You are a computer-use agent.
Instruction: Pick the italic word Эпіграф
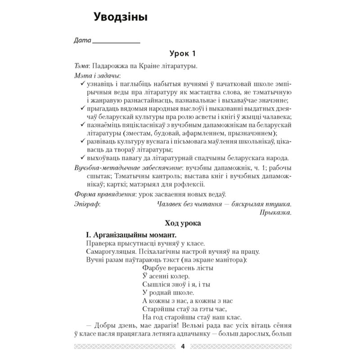tap(86, 204)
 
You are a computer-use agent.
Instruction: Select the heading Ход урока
tap(180, 224)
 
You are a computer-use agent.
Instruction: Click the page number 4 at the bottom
tap(182, 346)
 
